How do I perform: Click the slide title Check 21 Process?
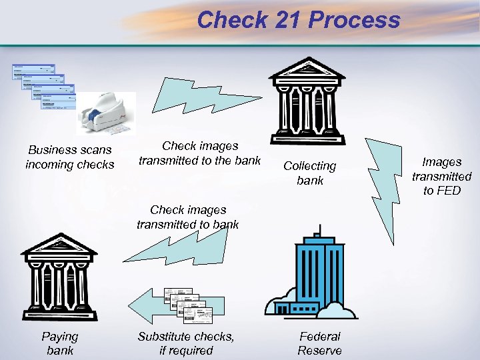[x=298, y=19]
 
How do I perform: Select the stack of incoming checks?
[x=41, y=87]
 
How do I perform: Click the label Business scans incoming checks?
[x=69, y=157]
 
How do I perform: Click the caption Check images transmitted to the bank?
[x=200, y=153]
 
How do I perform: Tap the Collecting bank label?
[x=309, y=173]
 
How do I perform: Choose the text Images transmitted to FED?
[x=441, y=176]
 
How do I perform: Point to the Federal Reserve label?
[x=319, y=343]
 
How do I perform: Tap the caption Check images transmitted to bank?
[x=187, y=217]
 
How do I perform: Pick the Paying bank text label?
[x=60, y=343]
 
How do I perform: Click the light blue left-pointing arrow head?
[x=142, y=306]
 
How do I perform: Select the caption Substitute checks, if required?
[x=186, y=343]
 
